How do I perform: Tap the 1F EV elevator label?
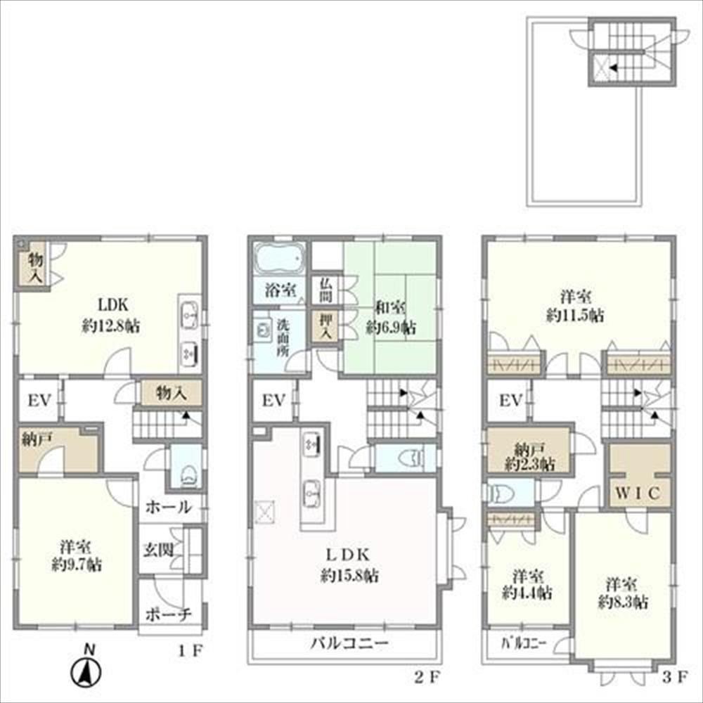point(39,401)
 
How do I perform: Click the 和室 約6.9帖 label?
point(391,318)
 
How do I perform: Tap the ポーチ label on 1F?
point(168,614)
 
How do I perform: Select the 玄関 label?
point(158,550)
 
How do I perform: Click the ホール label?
point(168,507)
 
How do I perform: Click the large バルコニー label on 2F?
point(349,643)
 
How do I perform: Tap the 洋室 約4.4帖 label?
point(527,584)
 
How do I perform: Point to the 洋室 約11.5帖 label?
point(575,306)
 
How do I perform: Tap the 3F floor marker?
point(675,677)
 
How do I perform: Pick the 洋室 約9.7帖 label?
point(76,555)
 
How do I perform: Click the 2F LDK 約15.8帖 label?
point(349,565)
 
